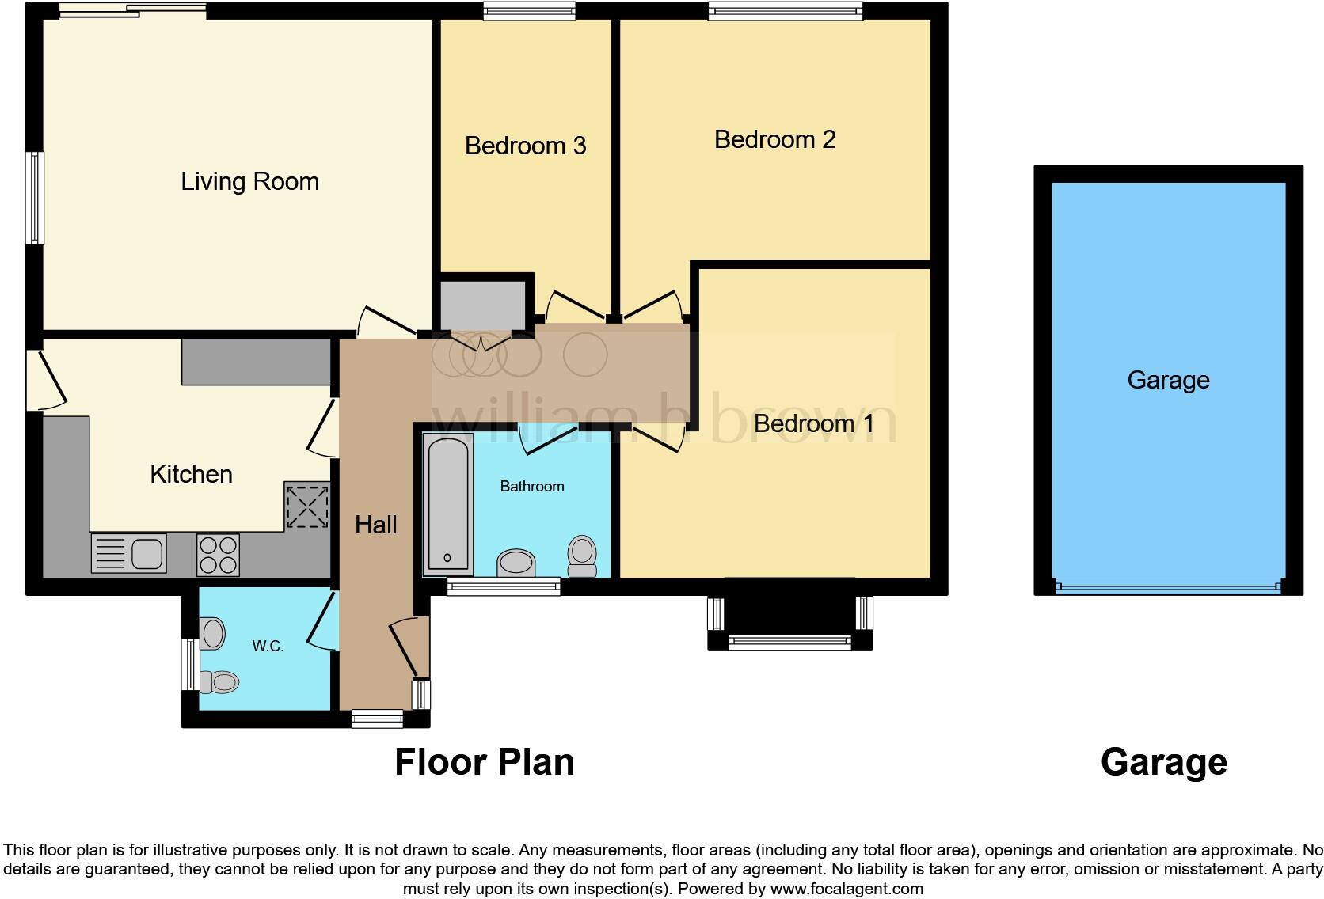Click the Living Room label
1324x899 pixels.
tap(249, 181)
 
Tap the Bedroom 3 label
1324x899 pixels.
tap(525, 146)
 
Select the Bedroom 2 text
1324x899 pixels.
tap(774, 139)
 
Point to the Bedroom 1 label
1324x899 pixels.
tap(813, 423)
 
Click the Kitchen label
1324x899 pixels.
tap(191, 474)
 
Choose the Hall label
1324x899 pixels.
tap(375, 524)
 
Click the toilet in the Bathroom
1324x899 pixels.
tap(582, 556)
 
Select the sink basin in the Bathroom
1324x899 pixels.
tap(516, 563)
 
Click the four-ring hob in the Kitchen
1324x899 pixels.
tap(218, 554)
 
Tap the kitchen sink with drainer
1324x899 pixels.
tap(128, 553)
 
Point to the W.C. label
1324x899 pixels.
tap(268, 647)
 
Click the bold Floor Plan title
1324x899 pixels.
tap(484, 762)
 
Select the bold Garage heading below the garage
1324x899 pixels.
tap(1163, 762)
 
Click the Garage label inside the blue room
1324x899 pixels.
tap(1168, 380)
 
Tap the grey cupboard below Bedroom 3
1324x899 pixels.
tap(483, 304)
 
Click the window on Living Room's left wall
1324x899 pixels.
tap(35, 198)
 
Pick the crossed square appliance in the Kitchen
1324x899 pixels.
tap(307, 506)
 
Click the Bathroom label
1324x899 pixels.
tap(532, 486)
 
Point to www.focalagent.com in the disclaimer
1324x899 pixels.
tap(847, 889)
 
